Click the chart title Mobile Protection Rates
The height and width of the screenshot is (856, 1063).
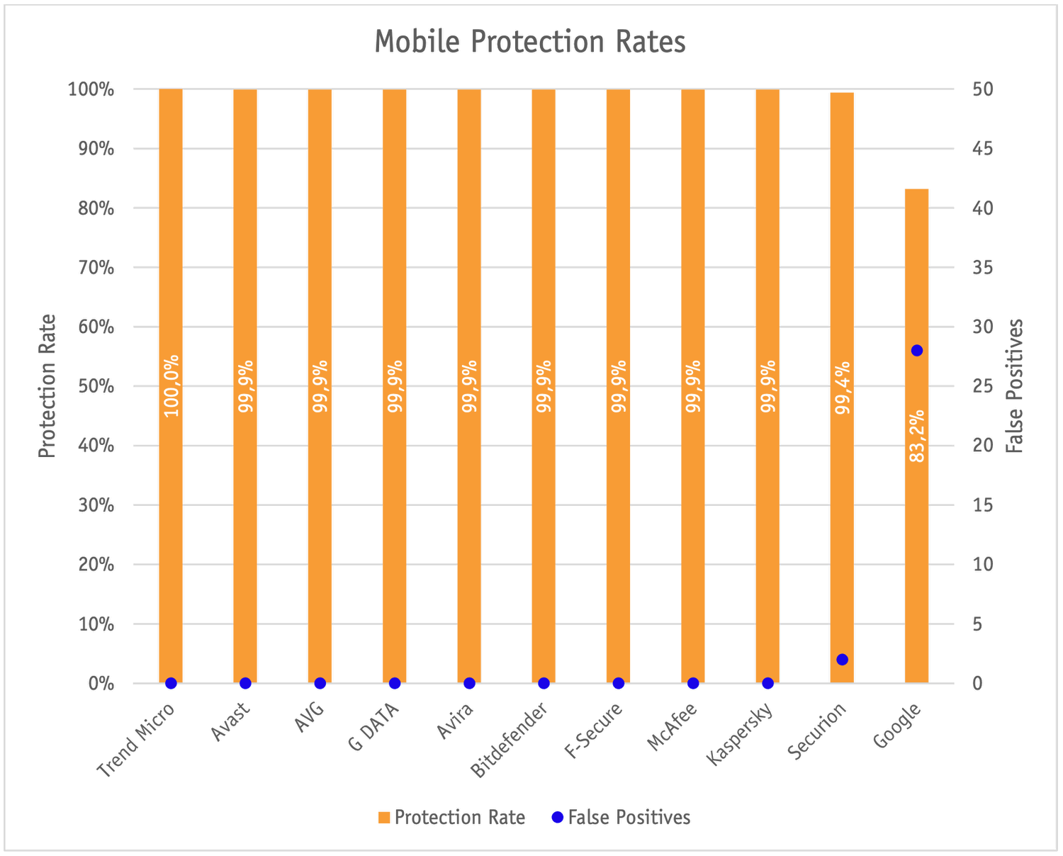coord(530,43)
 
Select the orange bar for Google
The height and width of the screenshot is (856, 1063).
coord(916,531)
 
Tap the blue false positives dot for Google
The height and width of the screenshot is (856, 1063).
coord(916,351)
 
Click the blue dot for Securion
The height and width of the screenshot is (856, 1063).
coord(842,660)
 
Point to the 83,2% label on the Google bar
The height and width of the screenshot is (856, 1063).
coord(916,436)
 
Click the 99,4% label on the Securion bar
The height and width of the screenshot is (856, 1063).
coord(842,387)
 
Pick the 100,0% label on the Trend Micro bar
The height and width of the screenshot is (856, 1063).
coord(171,385)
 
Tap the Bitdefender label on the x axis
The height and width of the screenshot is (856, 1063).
coord(510,740)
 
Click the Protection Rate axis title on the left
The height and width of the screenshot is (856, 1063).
coord(47,386)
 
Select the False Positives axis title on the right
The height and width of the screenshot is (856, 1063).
coord(1015,386)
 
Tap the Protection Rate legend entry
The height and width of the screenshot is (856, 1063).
coord(452,818)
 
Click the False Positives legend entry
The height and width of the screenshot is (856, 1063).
coord(621,818)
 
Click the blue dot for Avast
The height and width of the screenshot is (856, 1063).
coord(245,683)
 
